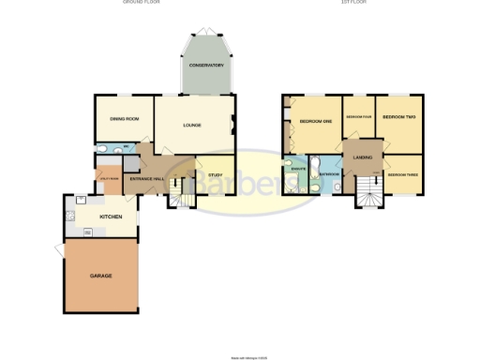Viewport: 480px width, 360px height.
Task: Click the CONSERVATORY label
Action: tap(205, 65)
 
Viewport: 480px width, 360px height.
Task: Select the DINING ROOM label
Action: tap(124, 119)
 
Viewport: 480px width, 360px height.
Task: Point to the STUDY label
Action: tap(215, 174)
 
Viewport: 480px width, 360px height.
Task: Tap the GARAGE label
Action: tap(101, 277)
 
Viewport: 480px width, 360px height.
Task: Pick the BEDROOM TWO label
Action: tap(398, 117)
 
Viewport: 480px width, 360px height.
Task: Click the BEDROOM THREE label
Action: tap(403, 174)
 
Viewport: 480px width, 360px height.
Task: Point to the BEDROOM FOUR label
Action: tap(359, 117)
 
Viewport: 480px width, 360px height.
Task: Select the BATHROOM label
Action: tap(328, 174)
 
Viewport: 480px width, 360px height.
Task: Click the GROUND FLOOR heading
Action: tap(140, 3)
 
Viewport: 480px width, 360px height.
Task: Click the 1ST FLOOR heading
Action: tap(352, 3)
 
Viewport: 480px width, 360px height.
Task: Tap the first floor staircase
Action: tap(367, 193)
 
